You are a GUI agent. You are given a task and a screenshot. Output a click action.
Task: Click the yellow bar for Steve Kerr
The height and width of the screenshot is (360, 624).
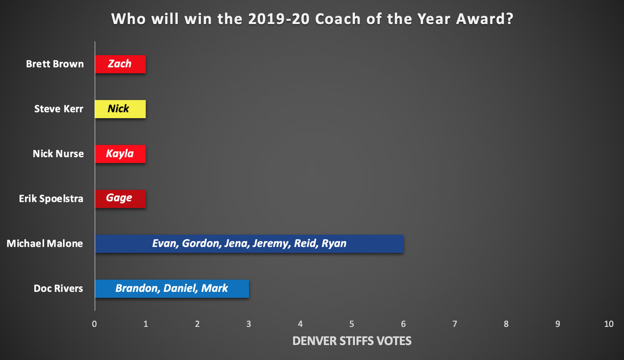click(x=120, y=109)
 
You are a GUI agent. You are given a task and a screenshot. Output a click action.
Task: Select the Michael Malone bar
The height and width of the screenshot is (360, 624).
click(x=249, y=244)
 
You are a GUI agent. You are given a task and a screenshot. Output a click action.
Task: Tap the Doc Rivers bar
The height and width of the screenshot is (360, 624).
click(x=172, y=289)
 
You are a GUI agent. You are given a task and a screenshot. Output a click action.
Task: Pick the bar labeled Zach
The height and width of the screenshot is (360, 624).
click(x=120, y=64)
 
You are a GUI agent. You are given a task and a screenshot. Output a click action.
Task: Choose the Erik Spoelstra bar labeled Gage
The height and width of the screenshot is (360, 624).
click(x=120, y=199)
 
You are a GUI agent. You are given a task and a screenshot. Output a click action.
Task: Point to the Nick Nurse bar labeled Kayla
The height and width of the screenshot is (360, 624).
click(x=120, y=154)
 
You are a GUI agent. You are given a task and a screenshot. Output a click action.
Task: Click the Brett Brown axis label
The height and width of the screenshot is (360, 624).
click(x=55, y=64)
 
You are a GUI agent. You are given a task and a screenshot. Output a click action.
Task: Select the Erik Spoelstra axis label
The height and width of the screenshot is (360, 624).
click(x=51, y=199)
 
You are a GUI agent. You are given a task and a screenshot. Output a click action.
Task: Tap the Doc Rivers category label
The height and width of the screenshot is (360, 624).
click(x=58, y=288)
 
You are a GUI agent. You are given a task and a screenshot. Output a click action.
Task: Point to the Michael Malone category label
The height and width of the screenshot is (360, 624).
click(x=45, y=243)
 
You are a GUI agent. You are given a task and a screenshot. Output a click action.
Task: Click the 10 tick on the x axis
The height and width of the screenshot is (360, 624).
click(x=609, y=324)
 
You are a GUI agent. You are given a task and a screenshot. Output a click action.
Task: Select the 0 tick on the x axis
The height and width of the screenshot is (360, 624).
click(x=95, y=324)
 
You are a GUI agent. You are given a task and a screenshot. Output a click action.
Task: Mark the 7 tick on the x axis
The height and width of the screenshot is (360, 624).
click(x=454, y=324)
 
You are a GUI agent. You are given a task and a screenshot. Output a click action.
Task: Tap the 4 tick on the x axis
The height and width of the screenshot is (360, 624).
click(x=301, y=324)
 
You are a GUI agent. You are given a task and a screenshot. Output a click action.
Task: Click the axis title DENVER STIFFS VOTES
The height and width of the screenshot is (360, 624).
click(x=352, y=341)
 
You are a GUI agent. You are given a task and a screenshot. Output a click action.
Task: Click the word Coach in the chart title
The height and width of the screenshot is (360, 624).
click(x=338, y=19)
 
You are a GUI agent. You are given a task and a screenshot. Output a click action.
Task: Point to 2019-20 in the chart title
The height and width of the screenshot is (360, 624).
click(x=279, y=19)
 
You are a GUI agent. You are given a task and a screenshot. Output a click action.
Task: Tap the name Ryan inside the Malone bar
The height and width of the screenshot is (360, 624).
click(x=334, y=243)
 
